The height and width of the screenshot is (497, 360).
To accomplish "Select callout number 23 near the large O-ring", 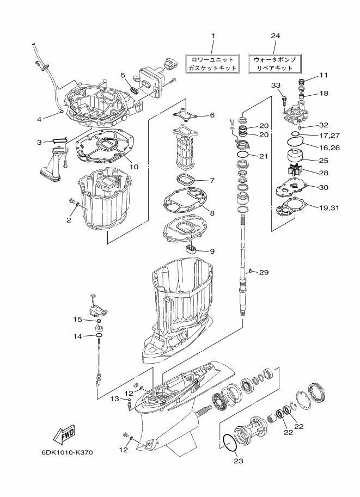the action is (x=239, y=461).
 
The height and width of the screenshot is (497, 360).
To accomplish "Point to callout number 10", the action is (x=134, y=166).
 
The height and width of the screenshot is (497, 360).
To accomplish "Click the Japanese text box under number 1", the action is (x=212, y=63).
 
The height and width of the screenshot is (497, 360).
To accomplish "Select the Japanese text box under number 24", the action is (x=274, y=63).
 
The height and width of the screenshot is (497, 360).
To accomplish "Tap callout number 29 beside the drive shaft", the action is (x=264, y=272).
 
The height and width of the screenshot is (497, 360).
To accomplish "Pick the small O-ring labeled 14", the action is (x=99, y=335).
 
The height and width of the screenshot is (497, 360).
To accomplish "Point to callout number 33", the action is (x=276, y=85).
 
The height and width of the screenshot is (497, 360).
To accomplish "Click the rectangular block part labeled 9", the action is (x=191, y=246).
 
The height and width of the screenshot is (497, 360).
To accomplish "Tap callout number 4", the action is (x=39, y=119).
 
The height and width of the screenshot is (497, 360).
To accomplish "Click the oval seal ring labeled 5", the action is (x=134, y=90).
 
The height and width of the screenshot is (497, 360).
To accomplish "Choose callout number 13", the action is (x=114, y=398).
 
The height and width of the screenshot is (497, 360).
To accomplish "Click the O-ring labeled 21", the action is (x=243, y=155).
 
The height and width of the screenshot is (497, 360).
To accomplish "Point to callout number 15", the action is (x=77, y=319).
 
